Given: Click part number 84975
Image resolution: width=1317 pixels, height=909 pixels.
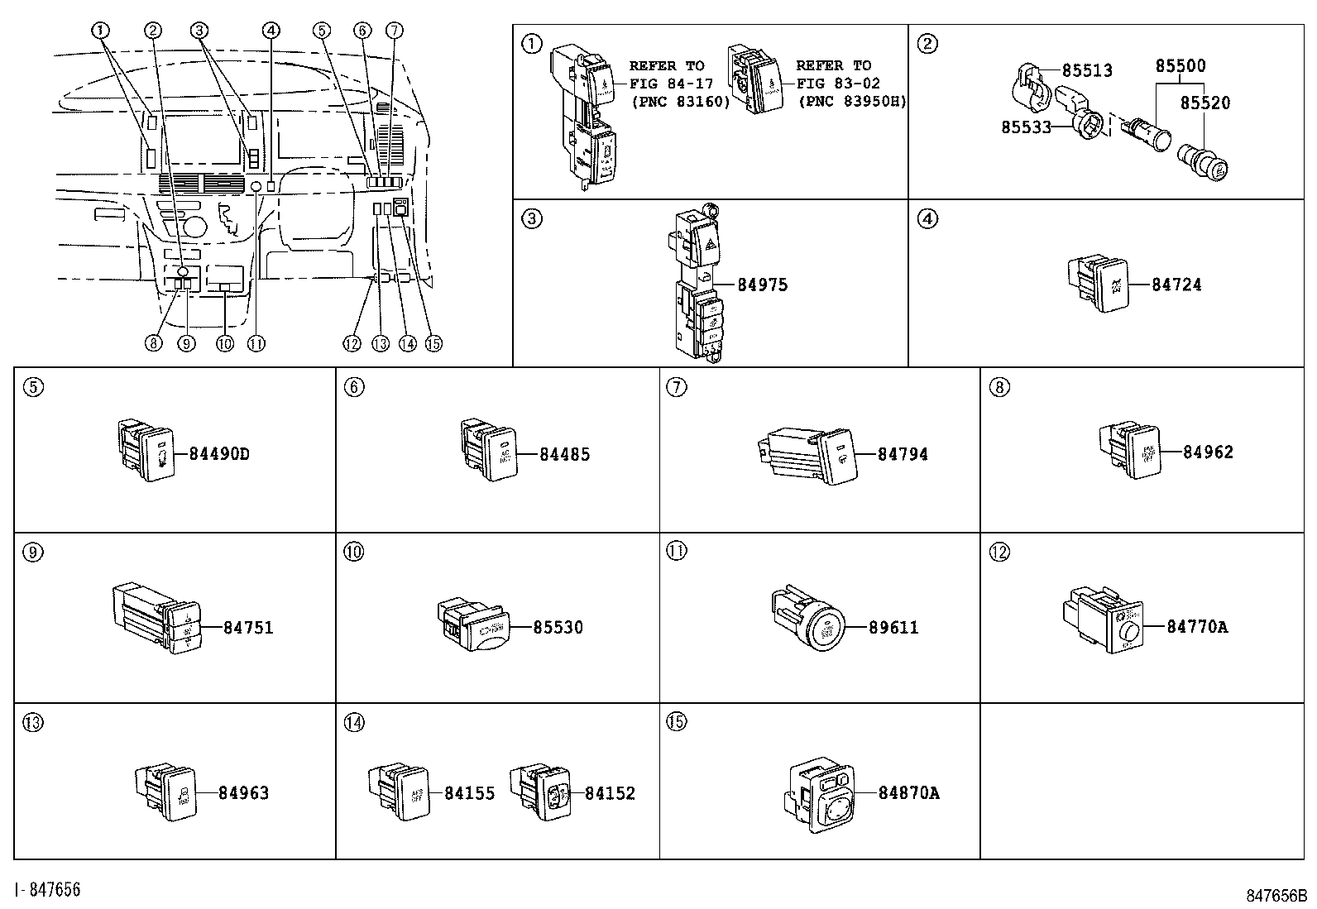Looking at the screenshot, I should click(x=762, y=285).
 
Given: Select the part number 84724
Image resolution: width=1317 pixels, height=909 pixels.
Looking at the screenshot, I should click(x=1176, y=285).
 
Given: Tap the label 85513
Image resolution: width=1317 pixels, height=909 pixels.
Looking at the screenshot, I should click(x=1087, y=71).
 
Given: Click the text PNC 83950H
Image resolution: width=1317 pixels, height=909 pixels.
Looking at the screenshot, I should click(x=852, y=101).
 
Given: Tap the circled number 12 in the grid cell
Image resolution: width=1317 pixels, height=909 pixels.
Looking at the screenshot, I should click(x=999, y=551).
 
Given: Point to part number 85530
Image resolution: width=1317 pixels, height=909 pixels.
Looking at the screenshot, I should click(x=558, y=628).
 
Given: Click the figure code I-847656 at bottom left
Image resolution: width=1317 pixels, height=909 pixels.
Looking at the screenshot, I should click(x=48, y=890).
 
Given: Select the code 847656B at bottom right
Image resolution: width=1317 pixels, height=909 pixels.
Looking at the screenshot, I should click(x=1276, y=896).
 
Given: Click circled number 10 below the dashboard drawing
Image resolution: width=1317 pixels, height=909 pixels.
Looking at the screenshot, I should click(x=224, y=344).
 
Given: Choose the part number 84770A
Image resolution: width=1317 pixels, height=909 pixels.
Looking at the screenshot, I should click(x=1197, y=627).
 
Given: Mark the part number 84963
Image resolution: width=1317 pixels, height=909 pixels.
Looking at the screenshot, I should click(x=244, y=793).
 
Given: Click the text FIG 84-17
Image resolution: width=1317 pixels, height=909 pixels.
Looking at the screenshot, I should click(x=671, y=84).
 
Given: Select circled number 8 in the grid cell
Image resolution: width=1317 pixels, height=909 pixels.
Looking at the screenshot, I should click(x=999, y=386).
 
